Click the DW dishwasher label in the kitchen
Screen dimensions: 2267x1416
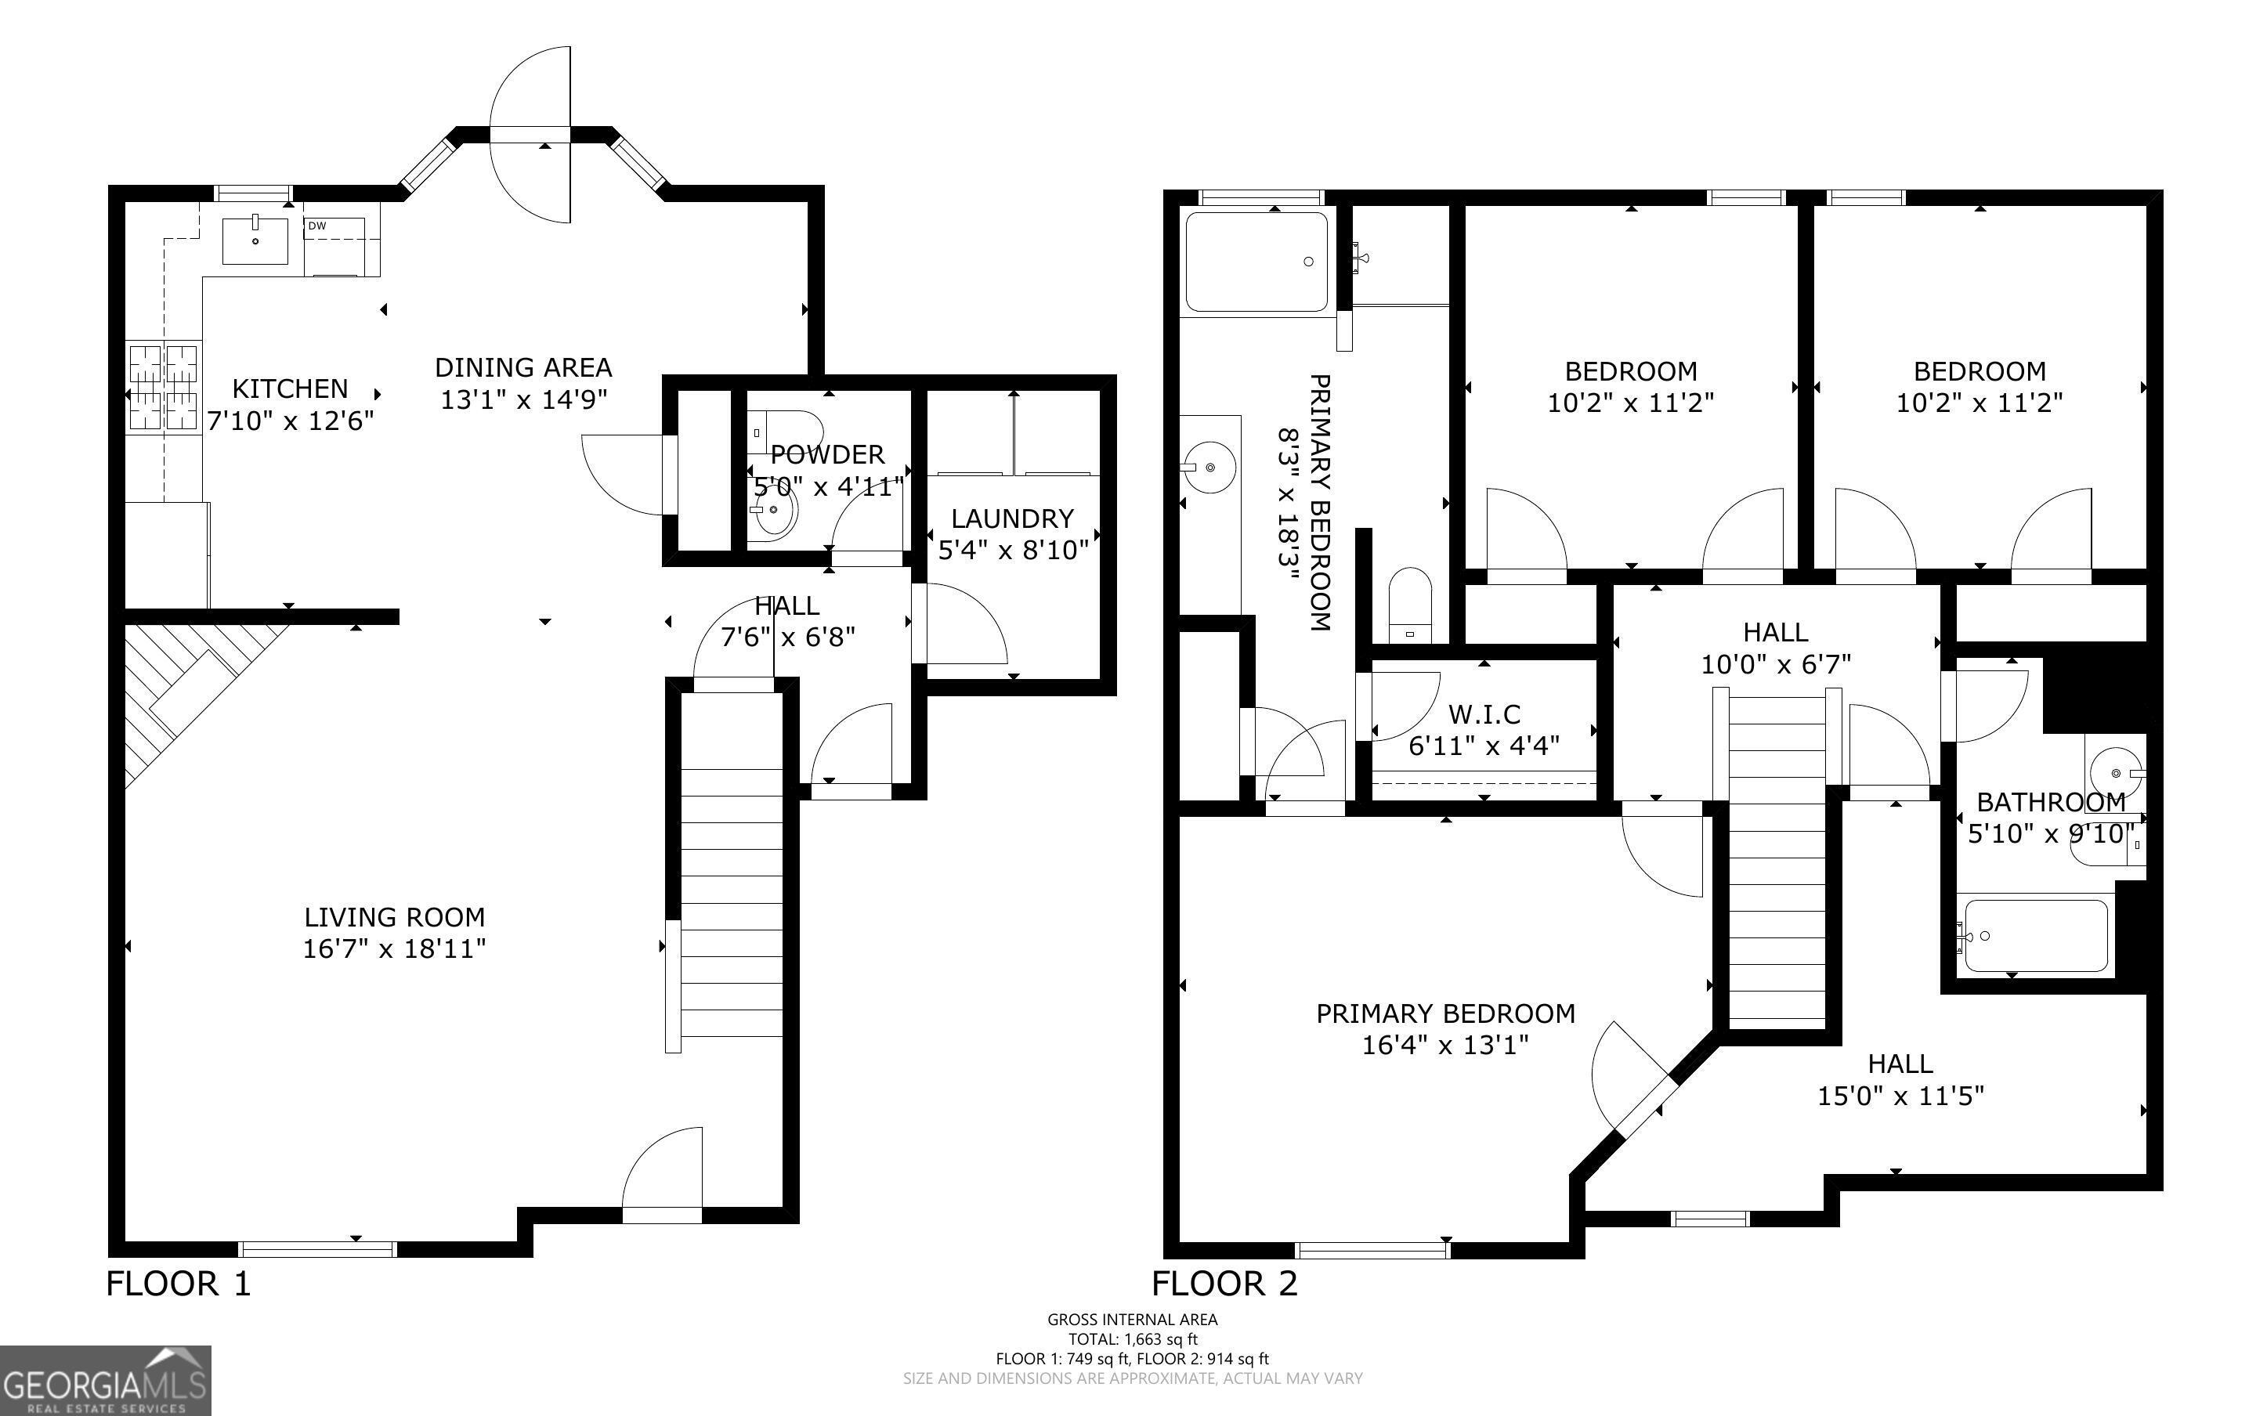[x=316, y=226]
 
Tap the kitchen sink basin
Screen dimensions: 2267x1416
[x=255, y=240]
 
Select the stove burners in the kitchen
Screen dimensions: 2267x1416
[x=165, y=386]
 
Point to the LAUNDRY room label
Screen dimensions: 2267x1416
[x=1012, y=518]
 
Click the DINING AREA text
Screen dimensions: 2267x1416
[x=523, y=367]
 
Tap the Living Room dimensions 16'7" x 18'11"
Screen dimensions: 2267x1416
[x=394, y=948]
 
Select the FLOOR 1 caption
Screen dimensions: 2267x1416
[x=179, y=1283]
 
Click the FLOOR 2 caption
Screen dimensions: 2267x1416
[x=1225, y=1283]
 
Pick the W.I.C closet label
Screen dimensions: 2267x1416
[x=1484, y=714]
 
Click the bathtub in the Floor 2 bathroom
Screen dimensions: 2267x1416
[x=2036, y=936]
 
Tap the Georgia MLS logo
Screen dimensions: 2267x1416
[x=105, y=1381]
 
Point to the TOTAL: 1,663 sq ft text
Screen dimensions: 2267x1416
[x=1133, y=1339]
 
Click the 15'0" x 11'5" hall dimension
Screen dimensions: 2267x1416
[x=1901, y=1096]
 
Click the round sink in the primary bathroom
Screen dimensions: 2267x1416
[x=1209, y=466]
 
